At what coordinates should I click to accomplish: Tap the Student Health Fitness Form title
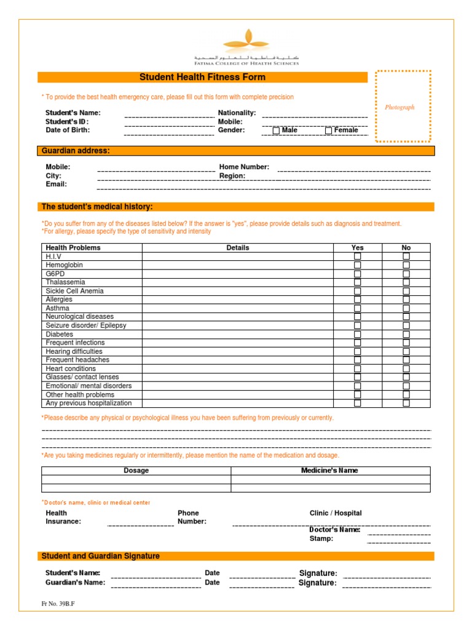[203, 77]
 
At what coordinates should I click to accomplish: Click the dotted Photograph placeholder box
[403, 106]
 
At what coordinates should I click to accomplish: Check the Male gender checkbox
[276, 130]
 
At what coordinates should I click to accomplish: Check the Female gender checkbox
[328, 130]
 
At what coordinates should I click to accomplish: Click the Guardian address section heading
[76, 151]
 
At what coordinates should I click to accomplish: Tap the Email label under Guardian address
[56, 184]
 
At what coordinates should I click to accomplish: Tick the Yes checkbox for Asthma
[357, 308]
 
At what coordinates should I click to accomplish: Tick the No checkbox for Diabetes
[406, 334]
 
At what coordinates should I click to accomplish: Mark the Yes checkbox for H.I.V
[357, 256]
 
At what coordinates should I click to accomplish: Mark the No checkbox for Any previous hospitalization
[406, 404]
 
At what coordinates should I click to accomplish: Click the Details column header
[238, 247]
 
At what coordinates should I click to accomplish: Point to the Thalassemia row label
[65, 282]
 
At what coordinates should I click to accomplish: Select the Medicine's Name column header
[329, 471]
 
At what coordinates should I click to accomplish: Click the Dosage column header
[136, 471]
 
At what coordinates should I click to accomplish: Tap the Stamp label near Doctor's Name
[321, 538]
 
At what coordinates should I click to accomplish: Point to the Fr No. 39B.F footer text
[58, 604]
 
